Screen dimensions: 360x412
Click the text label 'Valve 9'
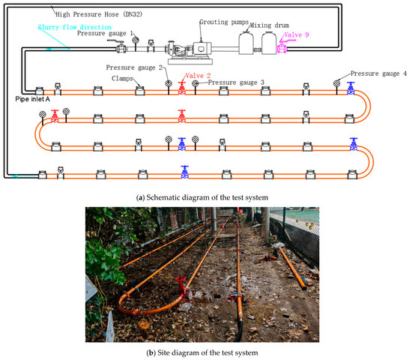pyautogui.click(x=305, y=35)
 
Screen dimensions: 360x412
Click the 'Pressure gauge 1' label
pyautogui.click(x=106, y=34)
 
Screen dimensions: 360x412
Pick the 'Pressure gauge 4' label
pyautogui.click(x=379, y=73)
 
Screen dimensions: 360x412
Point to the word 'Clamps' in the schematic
pyautogui.click(x=123, y=76)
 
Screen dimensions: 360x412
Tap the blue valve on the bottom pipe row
pyautogui.click(x=184, y=172)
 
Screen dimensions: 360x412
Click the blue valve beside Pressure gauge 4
pyautogui.click(x=350, y=89)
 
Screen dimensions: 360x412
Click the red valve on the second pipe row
pyautogui.click(x=181, y=116)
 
